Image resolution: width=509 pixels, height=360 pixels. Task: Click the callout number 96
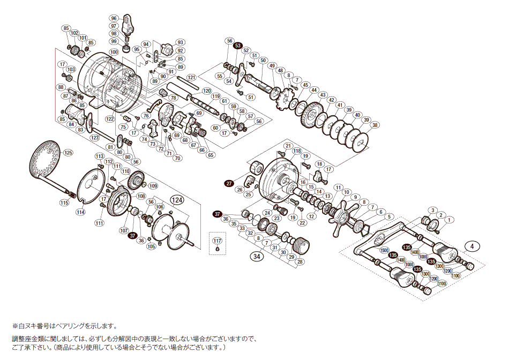(x=114, y=18)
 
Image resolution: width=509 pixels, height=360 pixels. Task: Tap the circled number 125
(x=68, y=153)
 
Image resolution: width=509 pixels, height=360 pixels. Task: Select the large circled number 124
(x=177, y=199)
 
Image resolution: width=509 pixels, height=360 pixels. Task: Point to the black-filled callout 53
(x=238, y=46)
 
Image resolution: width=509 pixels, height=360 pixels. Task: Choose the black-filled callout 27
(x=229, y=184)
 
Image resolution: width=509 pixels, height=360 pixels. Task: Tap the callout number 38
(x=375, y=125)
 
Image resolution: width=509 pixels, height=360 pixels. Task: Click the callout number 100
(x=114, y=52)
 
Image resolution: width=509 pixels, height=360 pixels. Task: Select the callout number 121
(x=192, y=77)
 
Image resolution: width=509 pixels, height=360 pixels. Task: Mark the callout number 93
(x=180, y=42)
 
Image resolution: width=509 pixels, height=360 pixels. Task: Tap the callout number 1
(x=450, y=219)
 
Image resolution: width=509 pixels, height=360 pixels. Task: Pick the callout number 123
(x=95, y=138)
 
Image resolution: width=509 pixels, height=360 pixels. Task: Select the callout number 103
(x=71, y=70)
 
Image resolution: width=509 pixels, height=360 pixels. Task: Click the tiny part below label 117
(x=217, y=249)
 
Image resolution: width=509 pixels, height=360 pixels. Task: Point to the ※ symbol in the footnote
(x=15, y=326)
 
